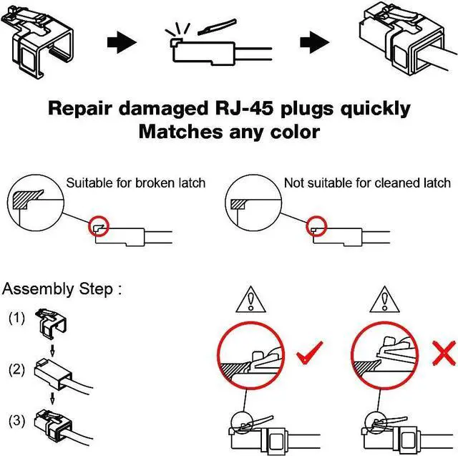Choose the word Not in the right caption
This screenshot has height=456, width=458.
[295, 183]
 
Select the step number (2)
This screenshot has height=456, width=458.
[16, 369]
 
